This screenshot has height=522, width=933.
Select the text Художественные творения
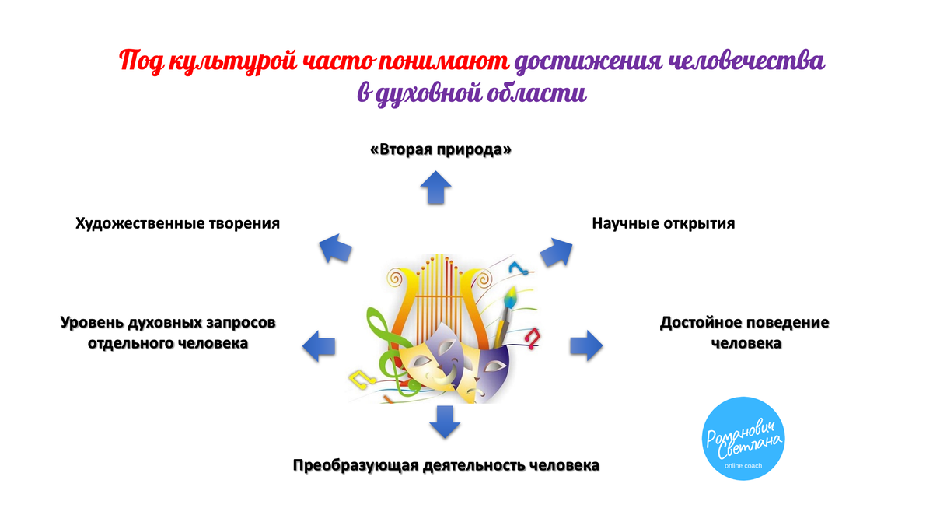coord(177,223)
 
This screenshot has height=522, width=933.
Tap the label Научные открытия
coord(663,223)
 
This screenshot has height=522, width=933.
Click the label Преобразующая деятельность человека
coord(446,466)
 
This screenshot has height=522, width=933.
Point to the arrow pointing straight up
coord(435,187)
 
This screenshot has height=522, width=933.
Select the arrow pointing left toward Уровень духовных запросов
coord(319,344)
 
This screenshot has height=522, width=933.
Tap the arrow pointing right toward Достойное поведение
coord(586,344)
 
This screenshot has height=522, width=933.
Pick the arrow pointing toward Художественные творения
coord(336,248)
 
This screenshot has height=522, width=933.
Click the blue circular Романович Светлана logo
coord(742,438)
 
